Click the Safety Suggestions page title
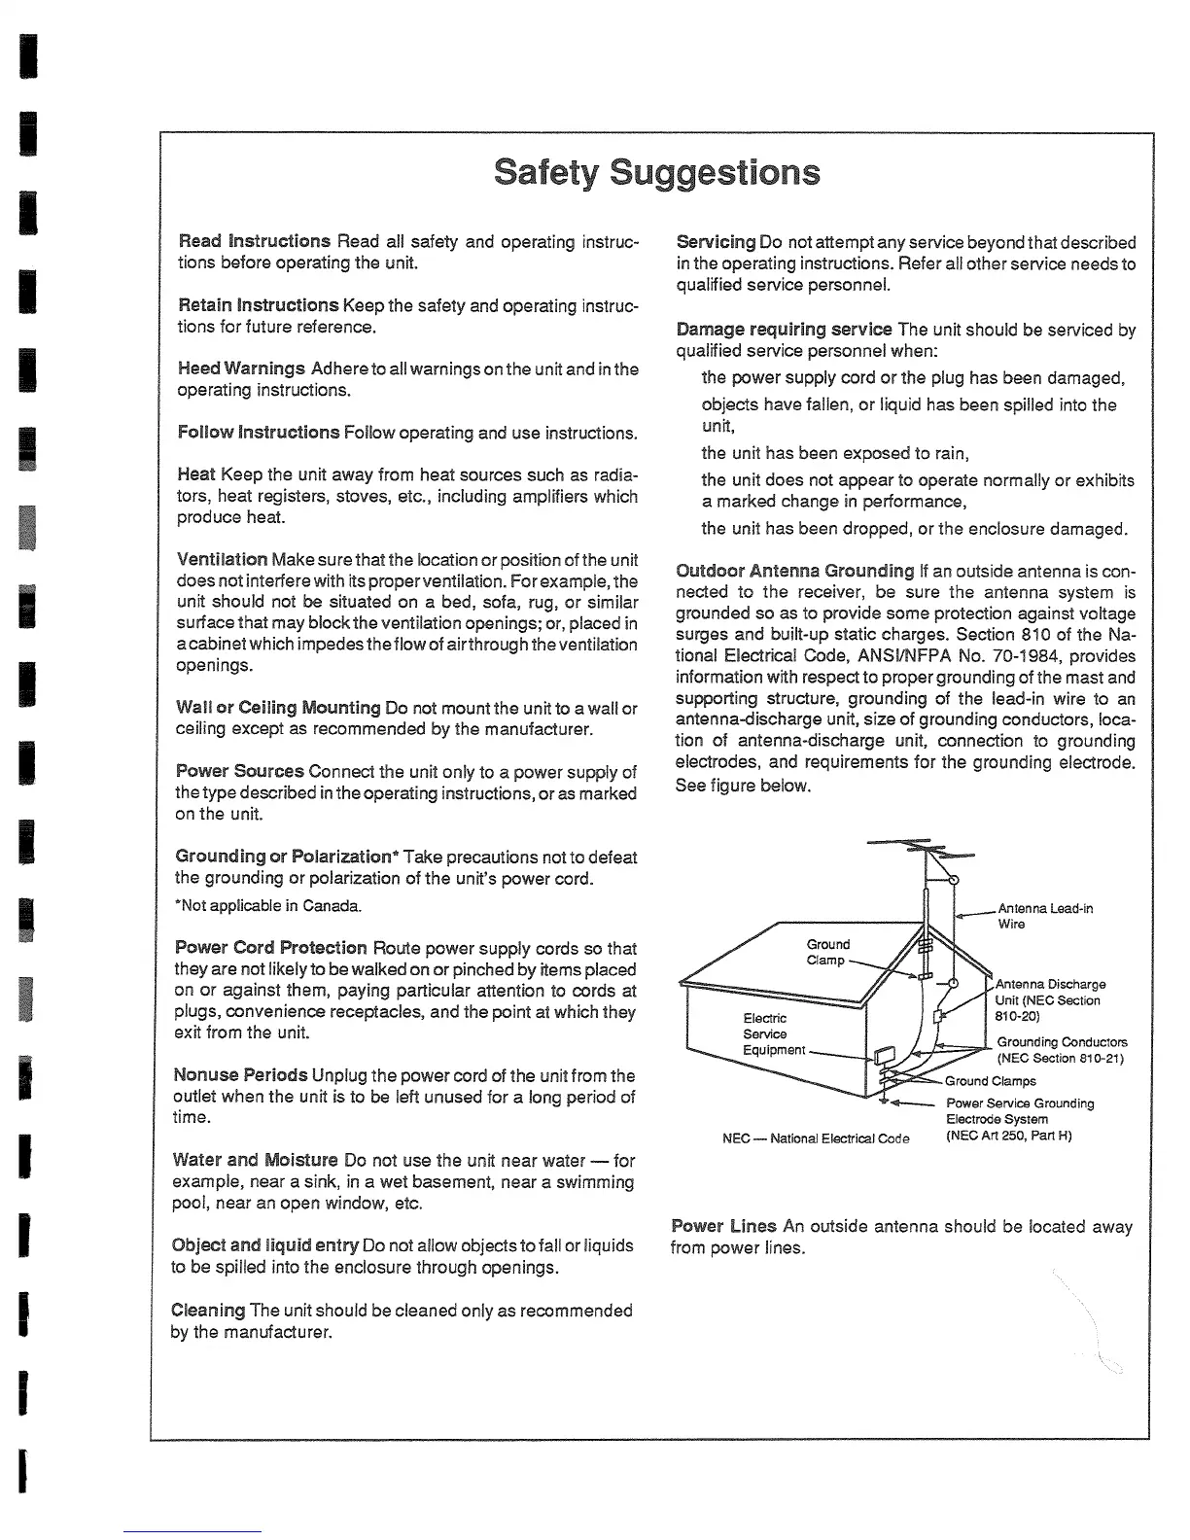pos(657,172)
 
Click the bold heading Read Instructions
pos(255,241)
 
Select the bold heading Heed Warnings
pos(241,368)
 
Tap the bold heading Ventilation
pos(223,560)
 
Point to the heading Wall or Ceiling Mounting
pos(278,708)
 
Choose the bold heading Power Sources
pos(240,772)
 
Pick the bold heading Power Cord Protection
pos(271,948)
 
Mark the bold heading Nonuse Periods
pos(241,1075)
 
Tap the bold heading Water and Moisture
pos(256,1160)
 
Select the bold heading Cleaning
pos(207,1311)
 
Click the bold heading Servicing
pos(716,242)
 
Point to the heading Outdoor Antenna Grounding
pos(795,571)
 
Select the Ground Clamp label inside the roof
pos(827,952)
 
